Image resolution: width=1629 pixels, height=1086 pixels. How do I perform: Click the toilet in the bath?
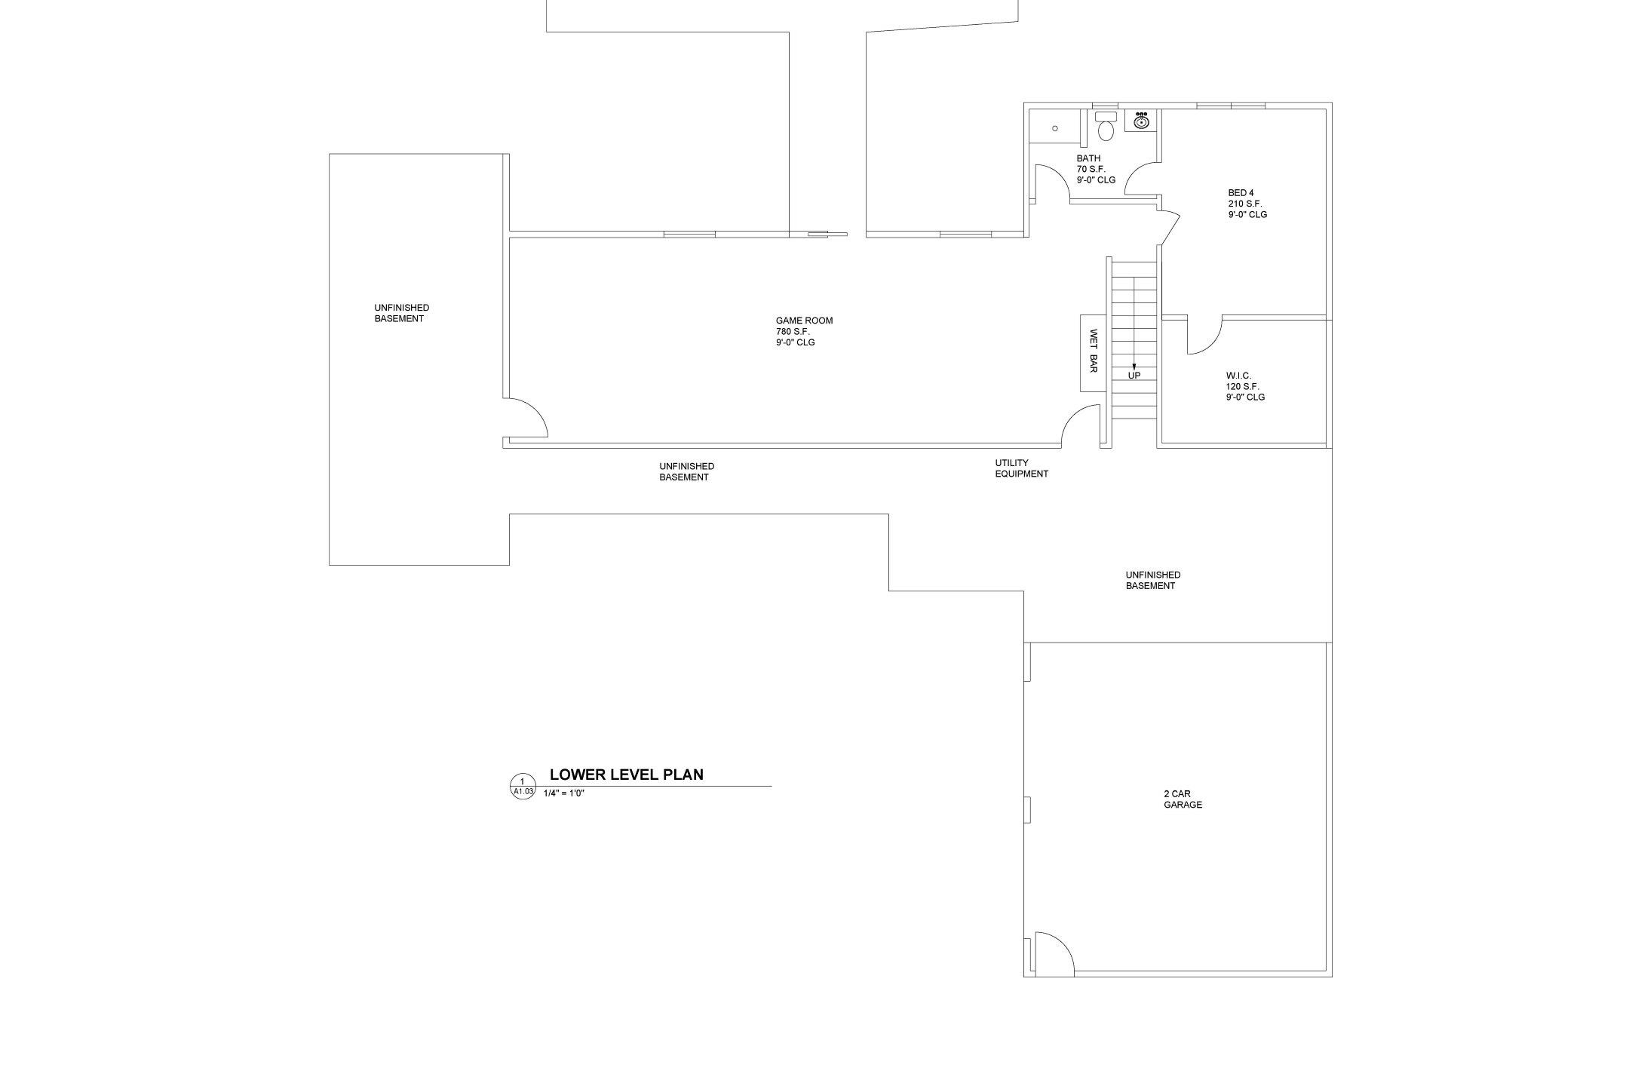(x=1106, y=126)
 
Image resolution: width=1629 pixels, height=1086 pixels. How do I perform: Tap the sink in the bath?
(x=1142, y=121)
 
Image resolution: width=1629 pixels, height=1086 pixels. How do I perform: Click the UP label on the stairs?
(x=1134, y=376)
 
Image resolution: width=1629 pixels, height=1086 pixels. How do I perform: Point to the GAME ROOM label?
(x=804, y=321)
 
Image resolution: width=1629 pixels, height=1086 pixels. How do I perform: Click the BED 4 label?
(x=1241, y=193)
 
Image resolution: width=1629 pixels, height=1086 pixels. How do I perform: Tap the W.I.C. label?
(x=1238, y=376)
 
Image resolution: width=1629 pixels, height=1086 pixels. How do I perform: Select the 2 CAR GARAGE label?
(x=1183, y=799)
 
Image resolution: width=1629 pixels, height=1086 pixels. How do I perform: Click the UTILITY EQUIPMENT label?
(x=1021, y=468)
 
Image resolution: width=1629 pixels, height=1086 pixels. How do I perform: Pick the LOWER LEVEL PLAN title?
(x=626, y=775)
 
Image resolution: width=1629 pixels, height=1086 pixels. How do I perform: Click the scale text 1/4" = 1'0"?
(x=564, y=793)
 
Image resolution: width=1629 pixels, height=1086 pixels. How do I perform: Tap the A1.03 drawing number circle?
(x=523, y=787)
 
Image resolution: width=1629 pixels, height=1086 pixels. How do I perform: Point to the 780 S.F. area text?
(x=793, y=332)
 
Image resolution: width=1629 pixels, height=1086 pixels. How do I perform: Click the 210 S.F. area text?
(x=1245, y=204)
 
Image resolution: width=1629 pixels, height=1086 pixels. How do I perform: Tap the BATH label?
(x=1088, y=158)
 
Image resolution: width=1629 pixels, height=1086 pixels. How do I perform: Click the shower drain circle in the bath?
(x=1055, y=129)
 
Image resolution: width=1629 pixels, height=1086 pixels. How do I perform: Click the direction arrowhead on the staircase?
(x=1134, y=367)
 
